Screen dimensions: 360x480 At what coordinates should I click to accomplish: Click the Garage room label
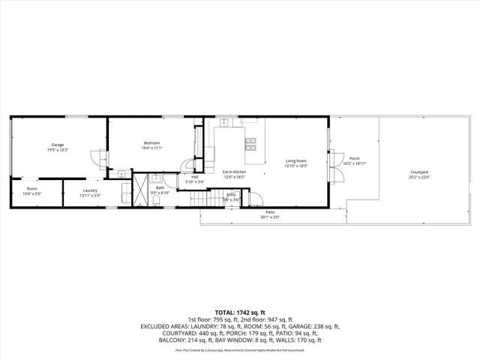[x=57, y=144]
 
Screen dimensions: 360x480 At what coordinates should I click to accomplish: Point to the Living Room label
[x=295, y=160]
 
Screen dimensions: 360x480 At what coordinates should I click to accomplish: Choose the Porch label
[x=355, y=158]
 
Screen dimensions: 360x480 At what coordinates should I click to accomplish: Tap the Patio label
[x=269, y=212]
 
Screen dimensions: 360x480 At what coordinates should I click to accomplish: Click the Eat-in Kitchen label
[x=234, y=172]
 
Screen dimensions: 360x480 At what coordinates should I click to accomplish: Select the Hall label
[x=194, y=177]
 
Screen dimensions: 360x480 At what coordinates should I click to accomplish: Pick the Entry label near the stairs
[x=231, y=194]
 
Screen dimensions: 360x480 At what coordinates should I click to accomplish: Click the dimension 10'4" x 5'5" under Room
[x=32, y=193]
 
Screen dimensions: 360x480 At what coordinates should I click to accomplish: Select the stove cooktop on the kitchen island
[x=251, y=142]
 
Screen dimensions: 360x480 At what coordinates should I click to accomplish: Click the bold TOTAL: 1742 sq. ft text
[x=240, y=312]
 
